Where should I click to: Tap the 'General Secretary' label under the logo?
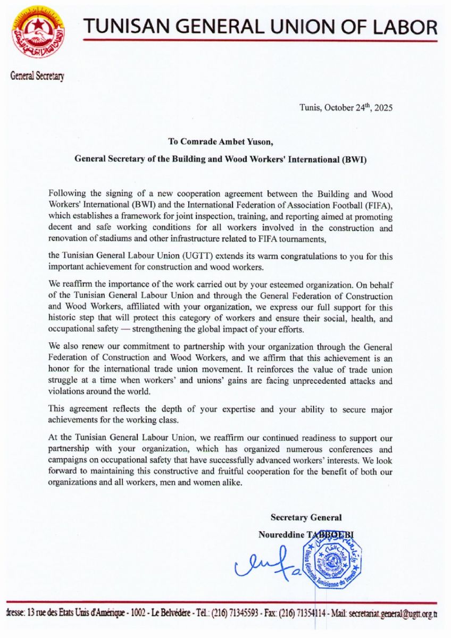coord(37,76)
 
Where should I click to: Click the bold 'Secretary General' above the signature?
coord(306,517)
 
